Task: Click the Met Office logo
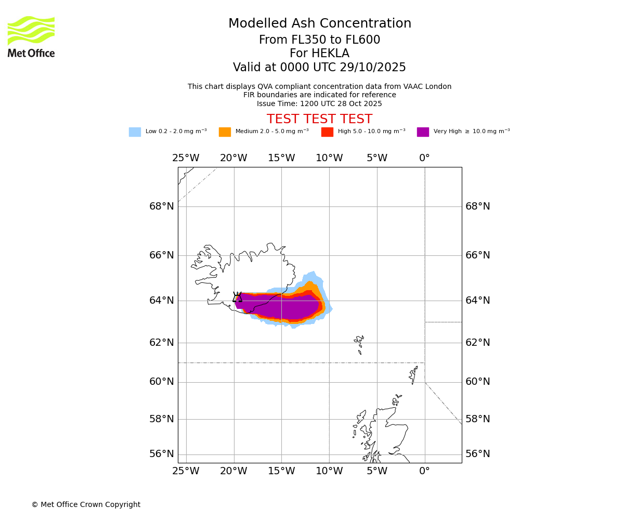(31, 36)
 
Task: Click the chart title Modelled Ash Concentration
(320, 24)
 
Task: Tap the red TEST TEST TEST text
(319, 119)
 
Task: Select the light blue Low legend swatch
(135, 132)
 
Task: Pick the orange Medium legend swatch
(225, 132)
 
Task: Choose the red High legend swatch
(327, 132)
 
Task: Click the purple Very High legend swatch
(423, 132)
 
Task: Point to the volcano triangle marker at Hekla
(237, 297)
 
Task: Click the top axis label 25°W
(186, 158)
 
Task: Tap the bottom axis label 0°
(425, 471)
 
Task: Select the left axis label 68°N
(162, 206)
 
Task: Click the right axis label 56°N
(478, 454)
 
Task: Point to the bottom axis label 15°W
(281, 471)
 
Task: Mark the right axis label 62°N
(478, 343)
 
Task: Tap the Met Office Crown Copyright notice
(86, 505)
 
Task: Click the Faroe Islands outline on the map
(359, 343)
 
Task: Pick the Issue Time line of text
(319, 104)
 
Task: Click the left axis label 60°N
(162, 382)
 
